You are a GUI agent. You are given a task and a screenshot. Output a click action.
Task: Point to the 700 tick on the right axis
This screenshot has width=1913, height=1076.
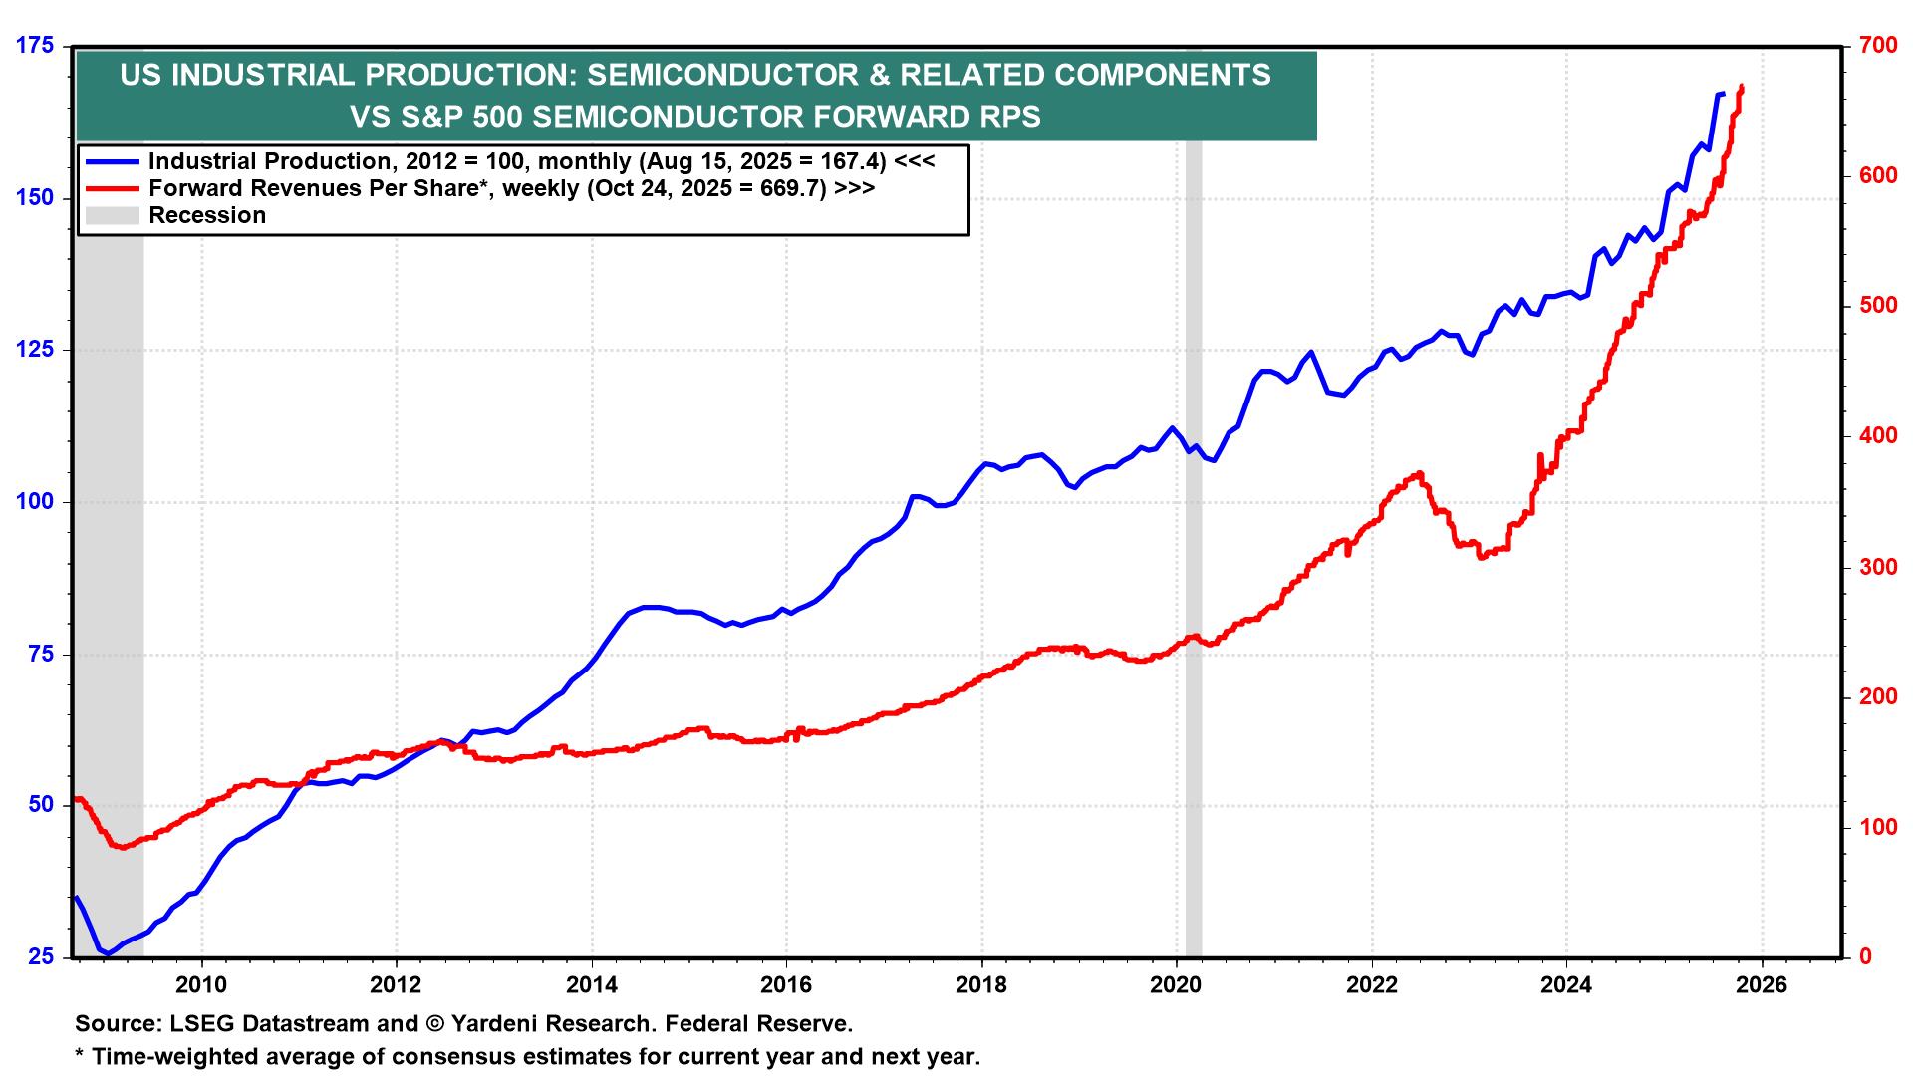coord(1876,46)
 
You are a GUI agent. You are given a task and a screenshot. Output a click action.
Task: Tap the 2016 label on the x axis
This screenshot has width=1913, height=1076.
coord(786,986)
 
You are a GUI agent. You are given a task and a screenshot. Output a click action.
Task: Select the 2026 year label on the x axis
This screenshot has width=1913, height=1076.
coord(1762,986)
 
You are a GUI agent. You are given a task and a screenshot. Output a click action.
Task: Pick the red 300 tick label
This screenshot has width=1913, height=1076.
coord(1876,567)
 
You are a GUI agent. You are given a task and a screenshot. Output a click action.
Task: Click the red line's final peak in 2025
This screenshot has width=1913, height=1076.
coord(1741,87)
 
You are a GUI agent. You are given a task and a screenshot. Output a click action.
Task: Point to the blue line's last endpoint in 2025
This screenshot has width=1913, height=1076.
coord(1723,94)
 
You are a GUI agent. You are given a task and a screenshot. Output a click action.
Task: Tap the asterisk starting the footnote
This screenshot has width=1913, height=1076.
coord(80,1054)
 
